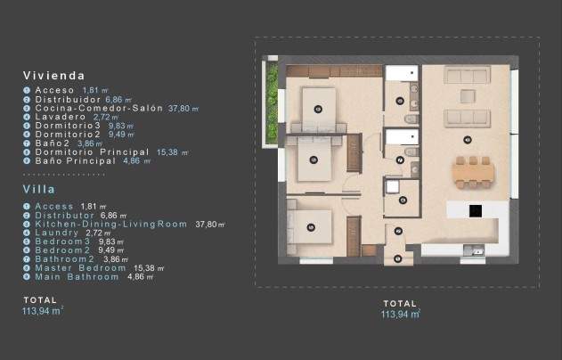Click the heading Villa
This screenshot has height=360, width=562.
point(39,189)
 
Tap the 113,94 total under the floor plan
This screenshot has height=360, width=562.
point(400,314)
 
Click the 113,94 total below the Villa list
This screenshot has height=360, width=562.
point(42,311)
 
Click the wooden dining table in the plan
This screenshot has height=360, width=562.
point(472,171)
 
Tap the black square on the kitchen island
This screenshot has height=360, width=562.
point(476,211)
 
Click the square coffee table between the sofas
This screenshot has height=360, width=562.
point(467,96)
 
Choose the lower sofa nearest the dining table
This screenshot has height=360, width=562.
point(467,117)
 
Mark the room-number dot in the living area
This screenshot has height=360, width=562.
point(467,139)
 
